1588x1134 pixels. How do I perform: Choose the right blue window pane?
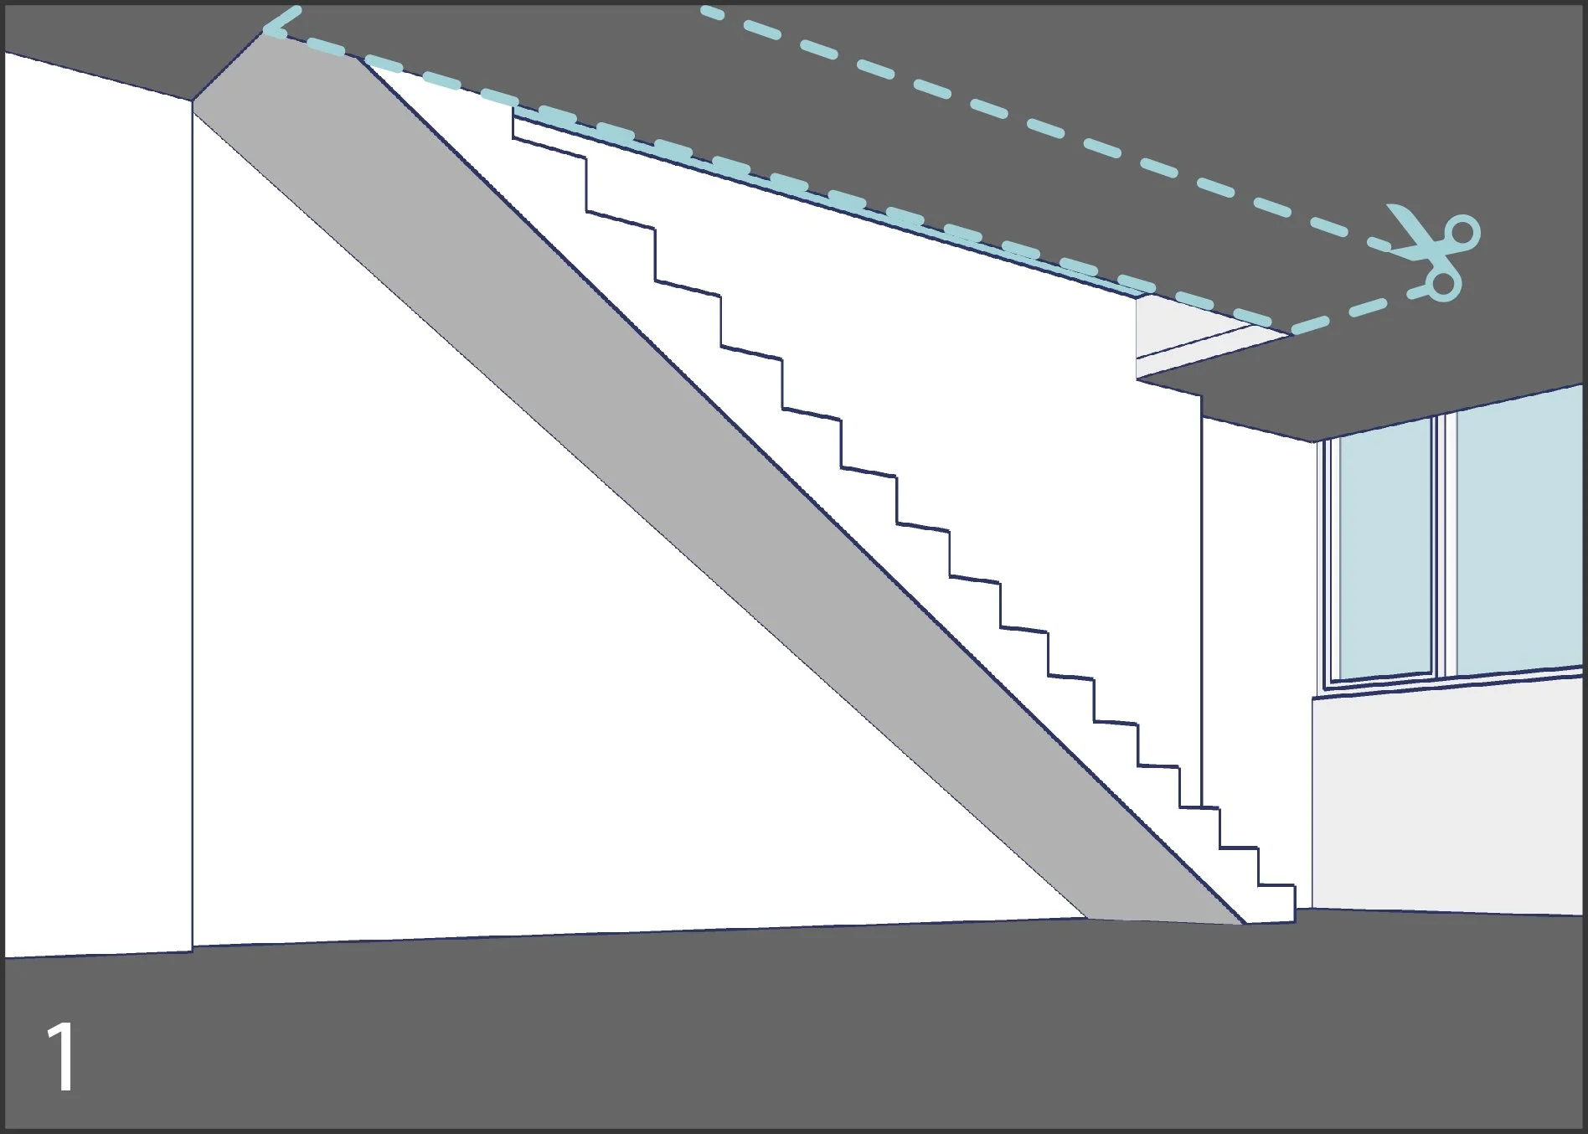tap(1518, 536)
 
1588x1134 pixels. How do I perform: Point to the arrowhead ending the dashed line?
tap(276, 21)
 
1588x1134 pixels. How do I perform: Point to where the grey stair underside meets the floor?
tap(1164, 920)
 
